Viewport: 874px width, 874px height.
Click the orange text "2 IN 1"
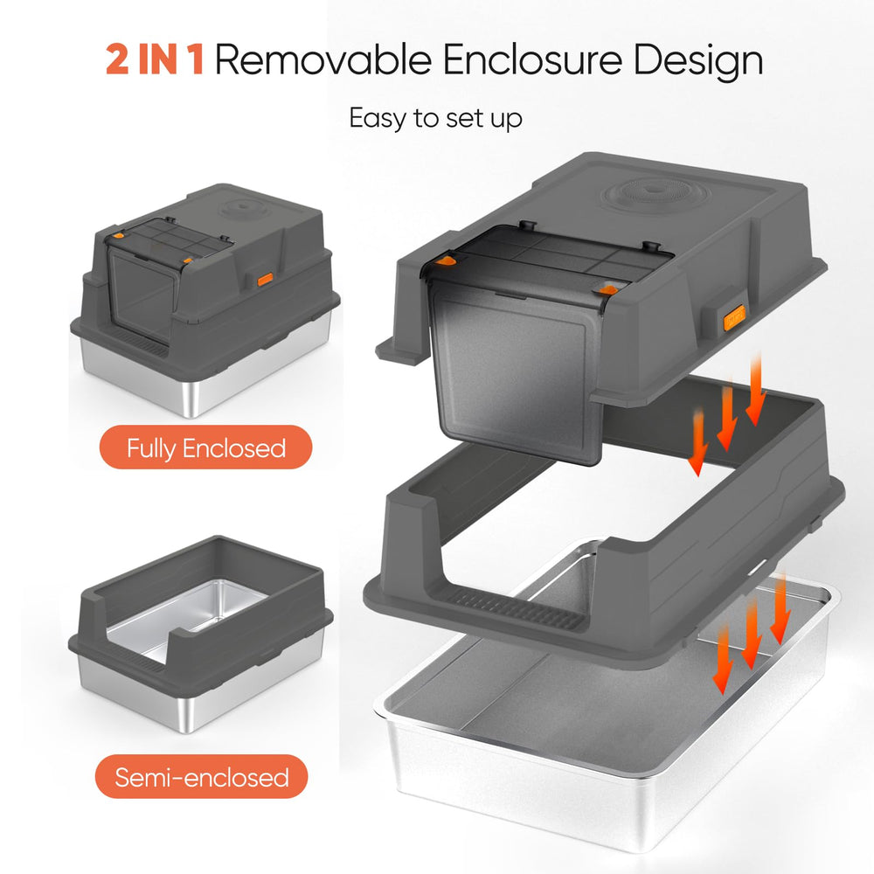[155, 59]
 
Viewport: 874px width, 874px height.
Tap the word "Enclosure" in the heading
[532, 59]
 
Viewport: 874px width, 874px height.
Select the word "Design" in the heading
[697, 61]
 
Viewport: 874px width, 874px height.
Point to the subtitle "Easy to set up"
[435, 119]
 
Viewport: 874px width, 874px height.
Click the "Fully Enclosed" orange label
[205, 447]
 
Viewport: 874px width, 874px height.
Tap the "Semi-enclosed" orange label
[202, 776]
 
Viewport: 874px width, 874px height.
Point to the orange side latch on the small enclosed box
[265, 280]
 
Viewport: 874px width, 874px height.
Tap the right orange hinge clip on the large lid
[607, 290]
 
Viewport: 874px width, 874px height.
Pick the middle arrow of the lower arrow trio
[751, 635]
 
